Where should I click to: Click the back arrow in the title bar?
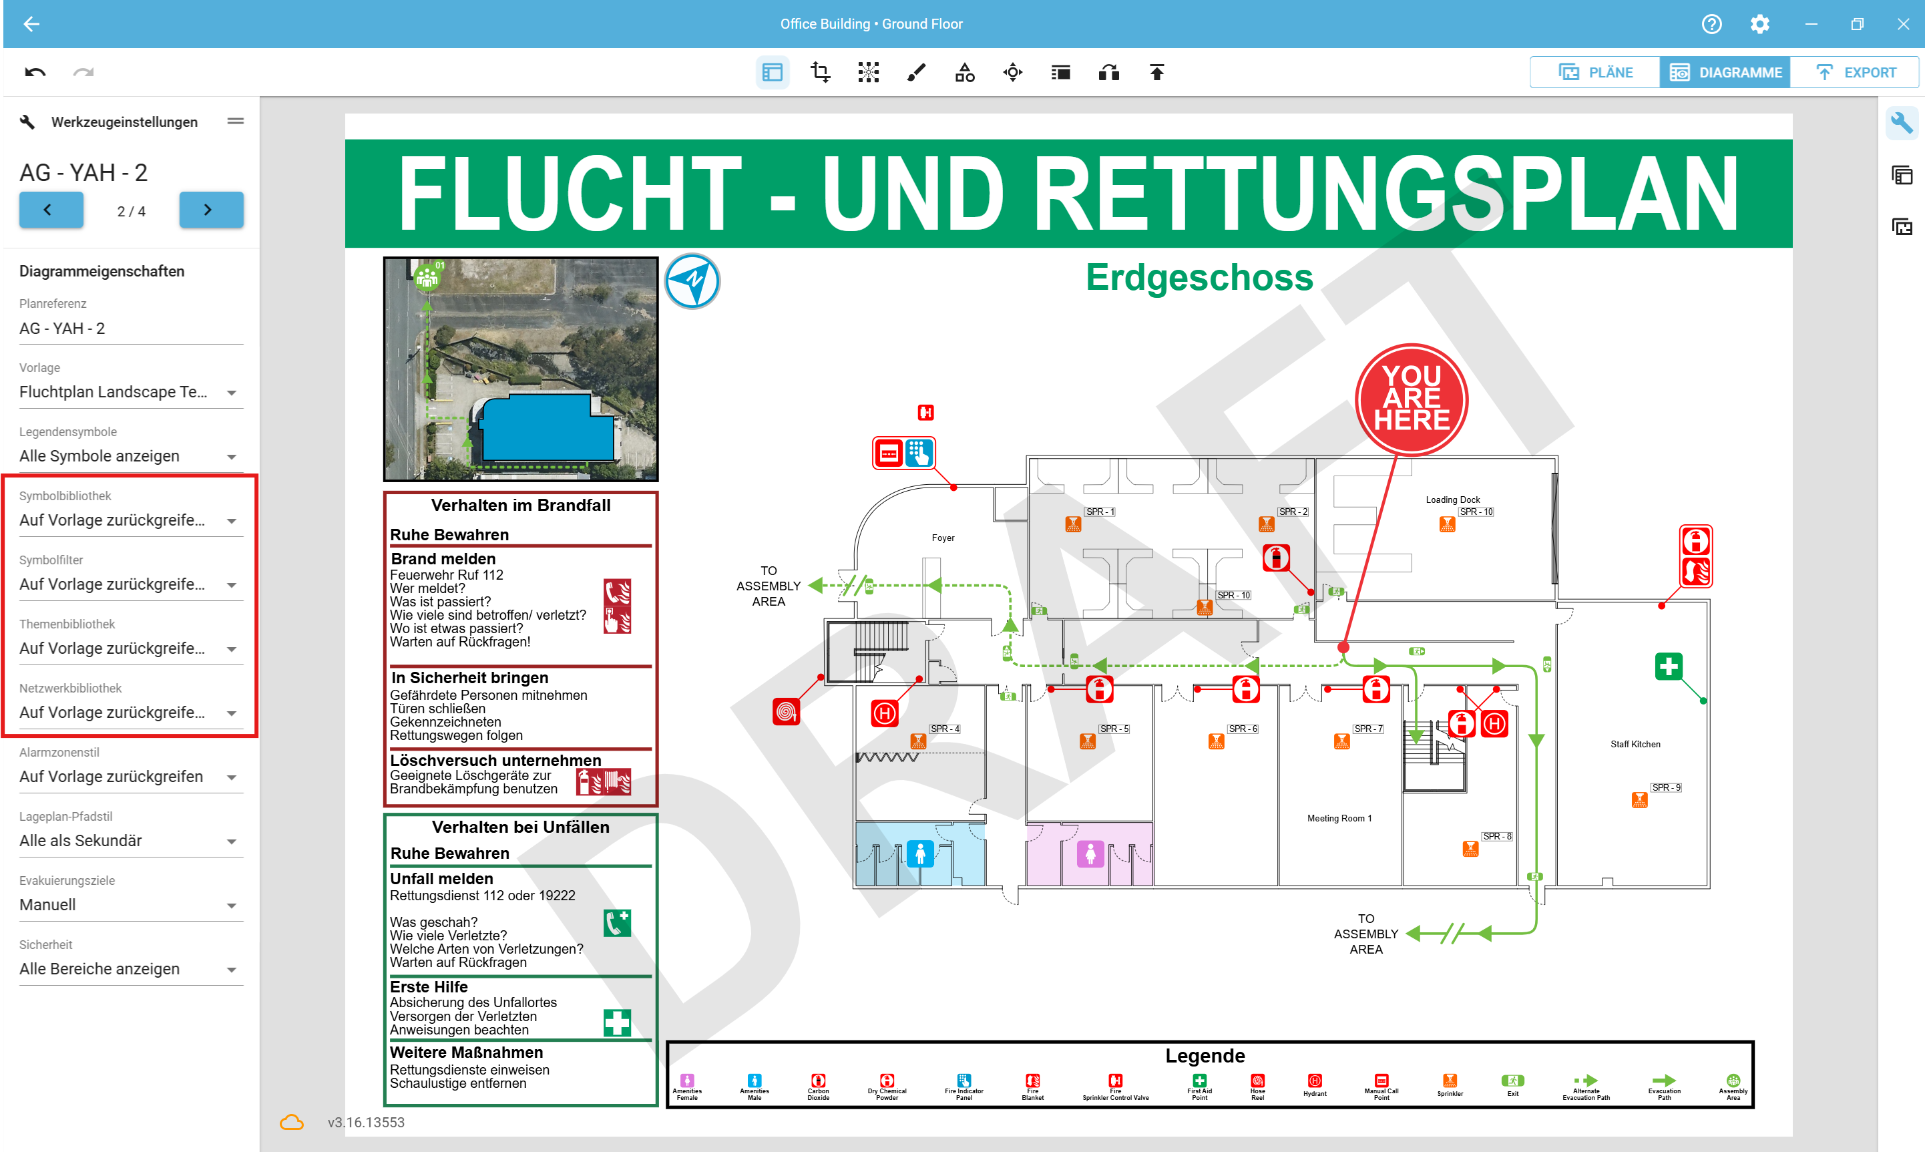click(x=31, y=24)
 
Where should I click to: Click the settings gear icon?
click(x=1759, y=24)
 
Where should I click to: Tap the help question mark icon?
click(x=1711, y=24)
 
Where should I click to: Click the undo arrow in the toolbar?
click(x=35, y=72)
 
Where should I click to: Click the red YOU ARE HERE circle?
click(x=1411, y=399)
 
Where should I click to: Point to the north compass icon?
click(x=692, y=281)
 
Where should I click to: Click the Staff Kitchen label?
click(x=1635, y=745)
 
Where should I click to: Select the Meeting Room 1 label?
click(x=1339, y=818)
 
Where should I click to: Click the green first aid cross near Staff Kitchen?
click(x=1668, y=666)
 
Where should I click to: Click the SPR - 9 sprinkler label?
click(x=1665, y=787)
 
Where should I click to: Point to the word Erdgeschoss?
click(x=1199, y=278)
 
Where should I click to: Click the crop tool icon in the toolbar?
click(x=820, y=72)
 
